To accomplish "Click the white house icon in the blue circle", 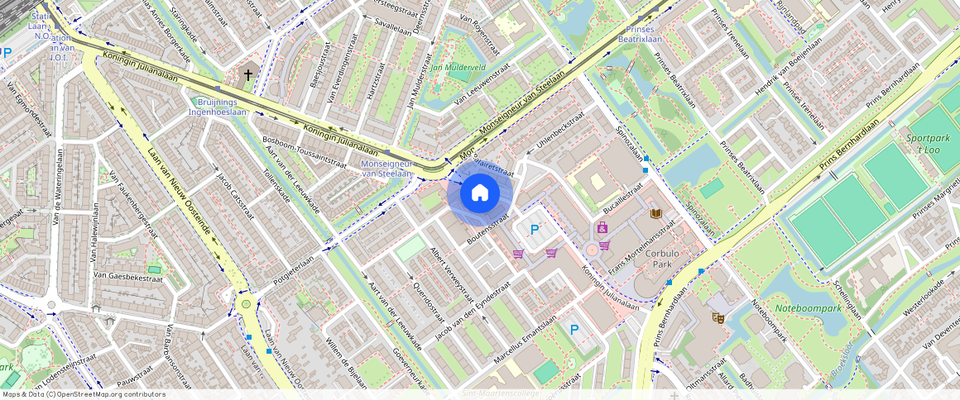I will [x=480, y=193].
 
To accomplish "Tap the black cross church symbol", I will [x=247, y=75].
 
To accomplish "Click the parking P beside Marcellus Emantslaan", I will [x=574, y=330].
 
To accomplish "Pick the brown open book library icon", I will [x=656, y=214].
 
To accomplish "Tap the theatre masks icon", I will [x=718, y=317].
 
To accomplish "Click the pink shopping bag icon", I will [x=602, y=227].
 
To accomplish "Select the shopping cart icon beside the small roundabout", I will [x=604, y=245].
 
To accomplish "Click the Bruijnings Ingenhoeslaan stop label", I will [x=218, y=106].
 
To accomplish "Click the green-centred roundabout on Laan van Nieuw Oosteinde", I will [x=246, y=304].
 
